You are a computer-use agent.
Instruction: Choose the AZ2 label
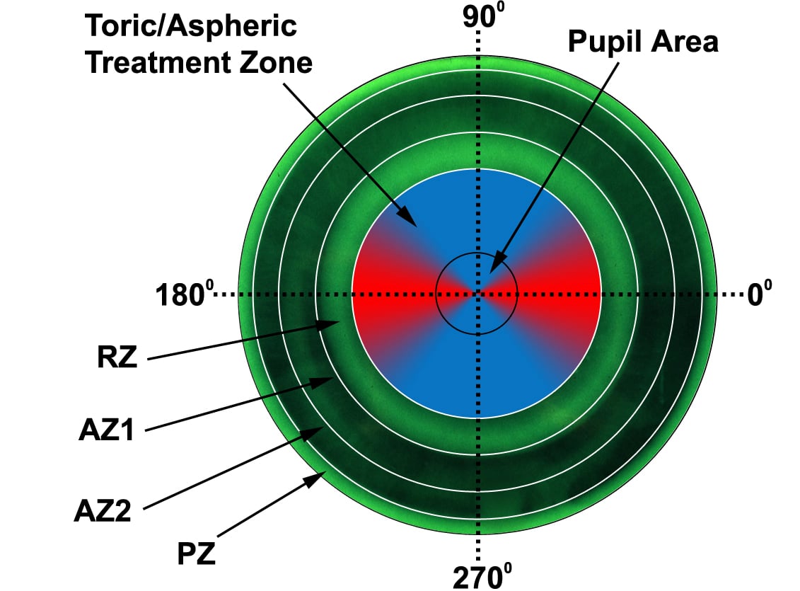pyautogui.click(x=103, y=510)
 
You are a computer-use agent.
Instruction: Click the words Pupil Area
pyautogui.click(x=644, y=42)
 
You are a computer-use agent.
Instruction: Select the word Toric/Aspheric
pyautogui.click(x=190, y=26)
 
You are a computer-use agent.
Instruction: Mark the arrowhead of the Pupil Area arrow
pyautogui.click(x=491, y=270)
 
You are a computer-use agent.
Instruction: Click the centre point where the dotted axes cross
pyautogui.click(x=479, y=293)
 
